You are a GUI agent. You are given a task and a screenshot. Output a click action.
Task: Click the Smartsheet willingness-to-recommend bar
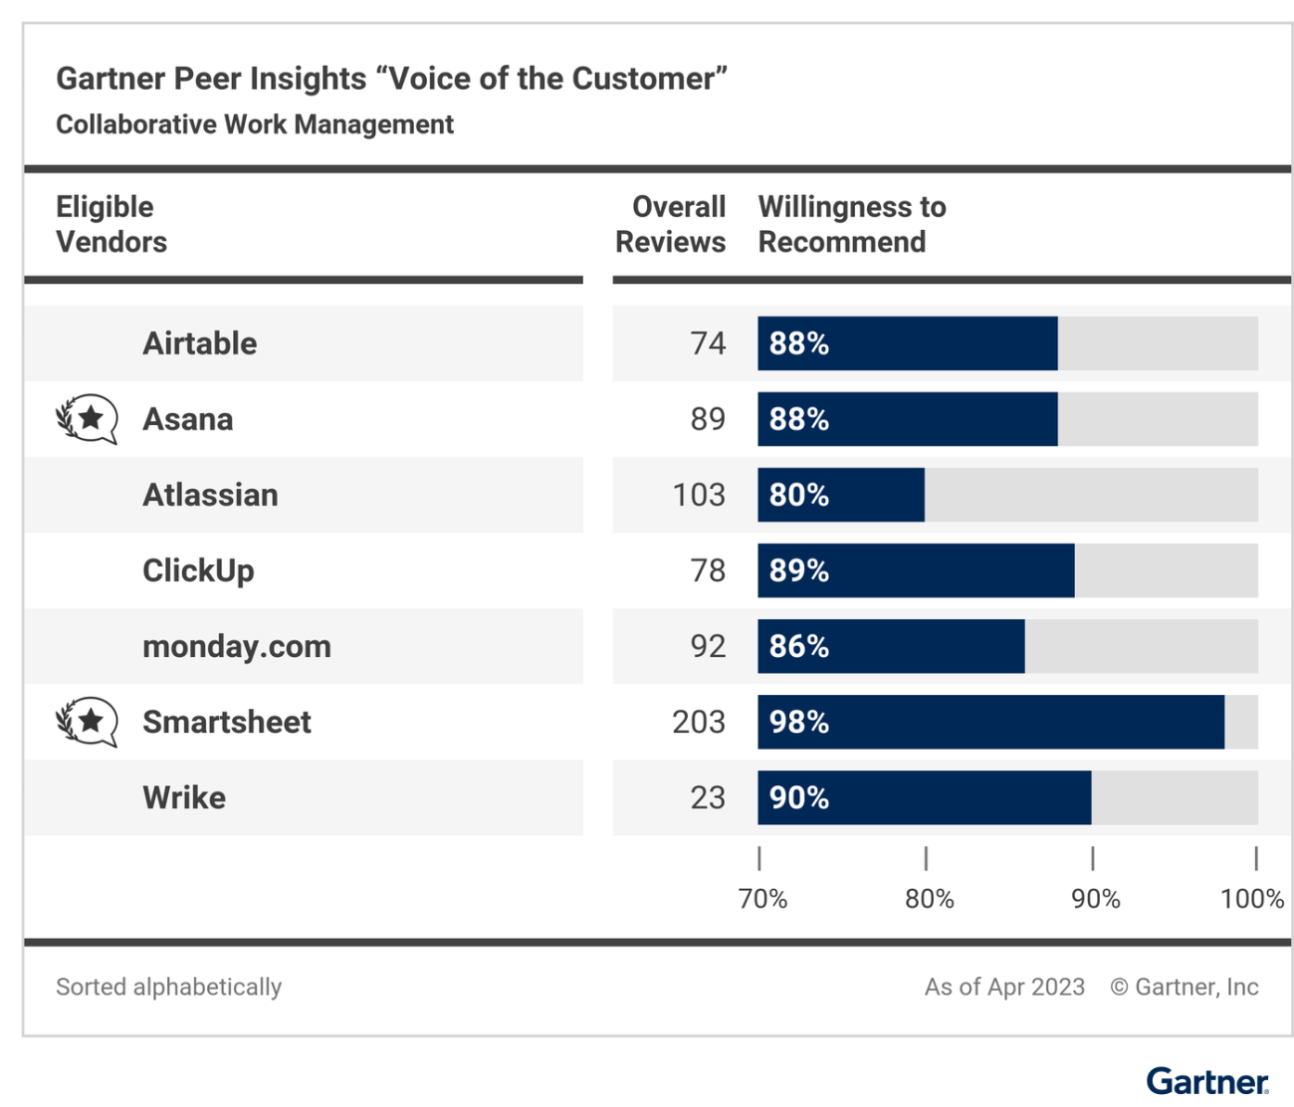[990, 722]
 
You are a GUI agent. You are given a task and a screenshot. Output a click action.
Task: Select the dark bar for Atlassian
[841, 495]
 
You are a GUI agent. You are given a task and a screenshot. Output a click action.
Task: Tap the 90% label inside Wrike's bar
[799, 797]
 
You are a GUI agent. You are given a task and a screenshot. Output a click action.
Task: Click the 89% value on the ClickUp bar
[799, 570]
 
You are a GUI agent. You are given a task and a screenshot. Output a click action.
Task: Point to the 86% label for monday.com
[799, 646]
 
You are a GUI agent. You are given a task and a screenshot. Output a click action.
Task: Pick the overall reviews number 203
[699, 722]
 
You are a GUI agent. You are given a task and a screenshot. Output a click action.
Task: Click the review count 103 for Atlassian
[699, 495]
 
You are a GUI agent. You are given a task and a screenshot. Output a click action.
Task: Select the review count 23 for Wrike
[708, 797]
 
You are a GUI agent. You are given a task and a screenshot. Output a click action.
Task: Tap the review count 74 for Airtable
[708, 343]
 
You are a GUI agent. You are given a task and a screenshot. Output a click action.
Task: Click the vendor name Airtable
[200, 343]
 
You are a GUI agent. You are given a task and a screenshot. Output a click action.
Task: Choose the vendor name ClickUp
[198, 570]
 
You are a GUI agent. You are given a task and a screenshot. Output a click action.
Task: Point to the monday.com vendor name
[237, 646]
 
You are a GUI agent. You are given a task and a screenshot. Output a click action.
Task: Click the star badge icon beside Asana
[88, 419]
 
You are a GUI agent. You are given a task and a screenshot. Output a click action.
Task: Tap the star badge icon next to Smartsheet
[88, 722]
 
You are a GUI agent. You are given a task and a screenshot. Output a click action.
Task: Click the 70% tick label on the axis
[762, 899]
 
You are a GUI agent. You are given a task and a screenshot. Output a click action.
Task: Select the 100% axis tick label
[1251, 899]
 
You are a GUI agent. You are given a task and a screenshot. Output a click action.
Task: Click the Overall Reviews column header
[671, 224]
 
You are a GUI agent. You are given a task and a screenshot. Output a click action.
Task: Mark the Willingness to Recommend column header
[852, 224]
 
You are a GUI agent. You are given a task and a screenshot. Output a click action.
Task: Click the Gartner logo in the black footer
[1206, 1081]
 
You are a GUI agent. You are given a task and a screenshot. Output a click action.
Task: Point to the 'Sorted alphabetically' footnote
[169, 987]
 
